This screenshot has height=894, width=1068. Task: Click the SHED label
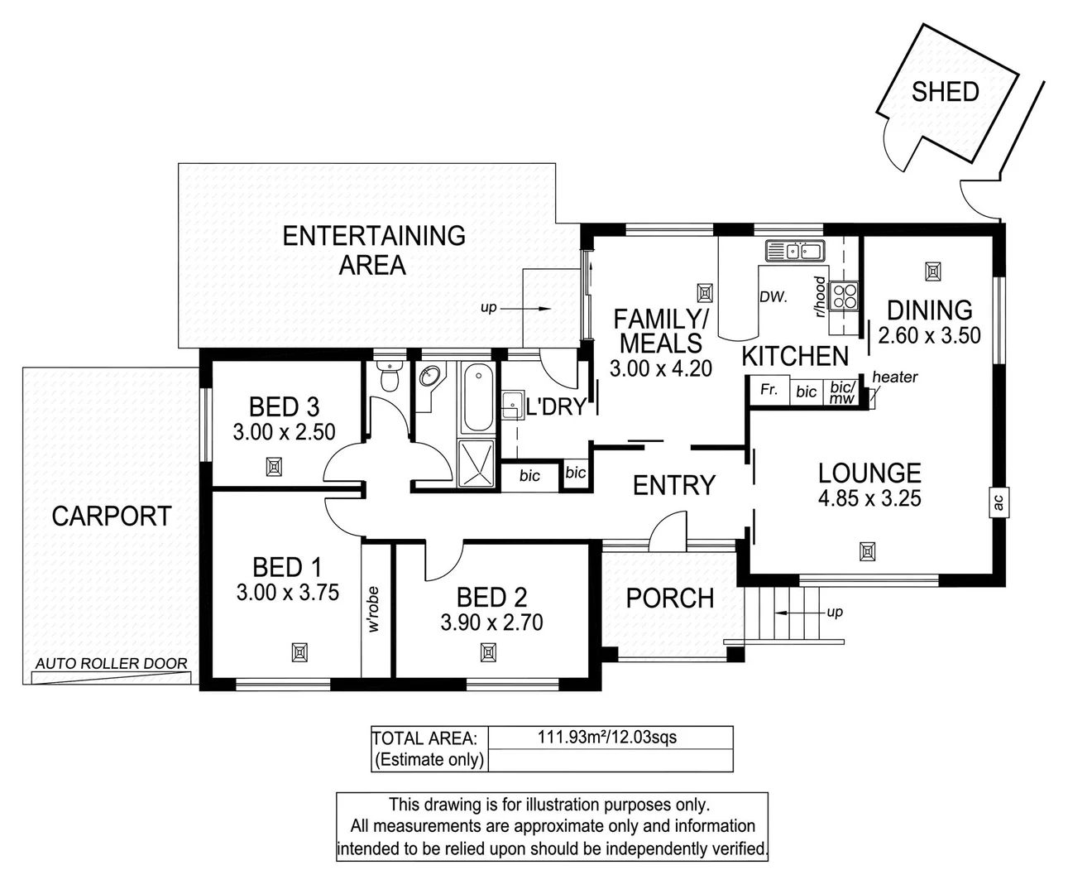tap(945, 92)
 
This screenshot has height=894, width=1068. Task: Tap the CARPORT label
tap(111, 517)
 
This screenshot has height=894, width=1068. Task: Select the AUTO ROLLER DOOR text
tap(112, 664)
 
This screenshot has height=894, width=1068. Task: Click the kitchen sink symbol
tap(793, 250)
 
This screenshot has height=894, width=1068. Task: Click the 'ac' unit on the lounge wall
tap(998, 502)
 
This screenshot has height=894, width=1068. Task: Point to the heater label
tap(894, 377)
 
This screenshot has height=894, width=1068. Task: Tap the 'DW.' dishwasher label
tap(773, 296)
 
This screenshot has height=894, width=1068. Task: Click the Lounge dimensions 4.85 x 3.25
tap(869, 498)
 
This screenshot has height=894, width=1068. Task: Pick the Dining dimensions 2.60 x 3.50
tap(929, 335)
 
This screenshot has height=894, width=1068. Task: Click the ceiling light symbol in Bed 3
tap(274, 468)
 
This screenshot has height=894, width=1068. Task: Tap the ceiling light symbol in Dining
tap(932, 271)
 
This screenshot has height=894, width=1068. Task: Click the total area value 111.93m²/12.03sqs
tap(608, 737)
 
